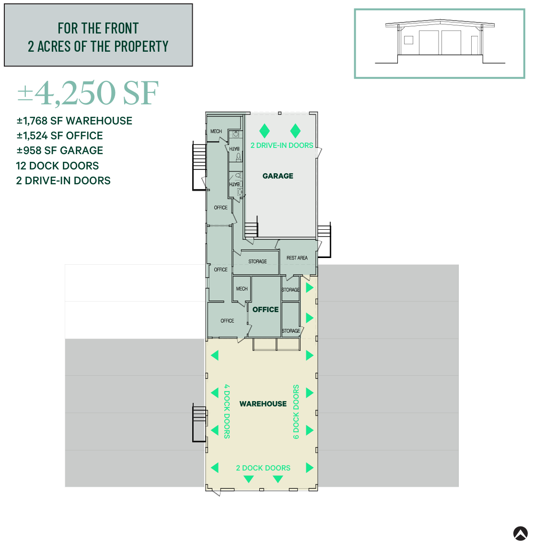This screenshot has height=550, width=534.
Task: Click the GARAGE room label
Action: (x=278, y=176)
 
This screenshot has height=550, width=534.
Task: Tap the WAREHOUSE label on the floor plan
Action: (x=263, y=404)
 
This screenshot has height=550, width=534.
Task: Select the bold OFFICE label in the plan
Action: (x=265, y=310)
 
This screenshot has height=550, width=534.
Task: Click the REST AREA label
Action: (x=297, y=258)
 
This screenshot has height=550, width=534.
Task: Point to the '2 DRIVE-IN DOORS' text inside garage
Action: (x=282, y=146)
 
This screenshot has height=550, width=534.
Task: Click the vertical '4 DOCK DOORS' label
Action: (x=227, y=411)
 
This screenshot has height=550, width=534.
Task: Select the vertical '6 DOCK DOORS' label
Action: (x=296, y=412)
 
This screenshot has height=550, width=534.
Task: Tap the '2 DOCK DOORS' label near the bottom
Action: (x=263, y=468)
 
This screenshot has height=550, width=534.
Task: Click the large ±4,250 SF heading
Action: (x=88, y=93)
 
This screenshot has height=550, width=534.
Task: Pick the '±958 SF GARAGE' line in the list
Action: (x=60, y=151)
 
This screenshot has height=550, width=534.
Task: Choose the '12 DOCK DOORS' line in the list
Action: (x=58, y=166)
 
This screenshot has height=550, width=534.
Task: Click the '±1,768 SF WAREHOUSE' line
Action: (x=74, y=121)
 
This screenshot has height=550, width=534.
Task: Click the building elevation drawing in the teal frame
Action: (x=440, y=43)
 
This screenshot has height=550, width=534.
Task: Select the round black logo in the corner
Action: (x=521, y=533)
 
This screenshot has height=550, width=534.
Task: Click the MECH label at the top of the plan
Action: (x=216, y=131)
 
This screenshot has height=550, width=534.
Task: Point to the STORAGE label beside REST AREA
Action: (x=257, y=262)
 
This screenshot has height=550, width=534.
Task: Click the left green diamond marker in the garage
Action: (x=264, y=131)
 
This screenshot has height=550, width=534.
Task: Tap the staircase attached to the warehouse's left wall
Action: (x=199, y=423)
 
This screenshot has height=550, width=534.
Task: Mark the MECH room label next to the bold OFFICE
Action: (x=242, y=289)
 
